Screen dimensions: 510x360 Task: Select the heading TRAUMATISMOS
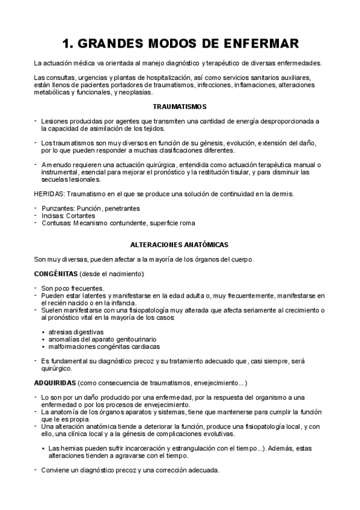pos(180,107)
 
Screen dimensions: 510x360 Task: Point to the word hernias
pos(72,448)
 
